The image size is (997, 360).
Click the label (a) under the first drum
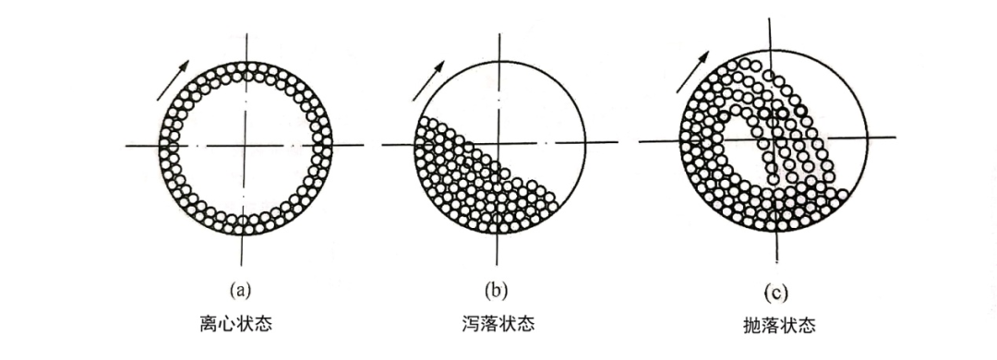tap(242, 291)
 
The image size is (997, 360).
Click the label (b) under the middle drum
tap(498, 291)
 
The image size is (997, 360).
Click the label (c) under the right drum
tap(775, 294)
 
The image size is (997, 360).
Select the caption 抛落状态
tap(776, 326)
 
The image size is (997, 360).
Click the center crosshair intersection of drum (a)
tap(244, 146)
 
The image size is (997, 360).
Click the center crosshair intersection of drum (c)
tap(774, 138)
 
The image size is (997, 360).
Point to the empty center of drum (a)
tap(244, 146)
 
